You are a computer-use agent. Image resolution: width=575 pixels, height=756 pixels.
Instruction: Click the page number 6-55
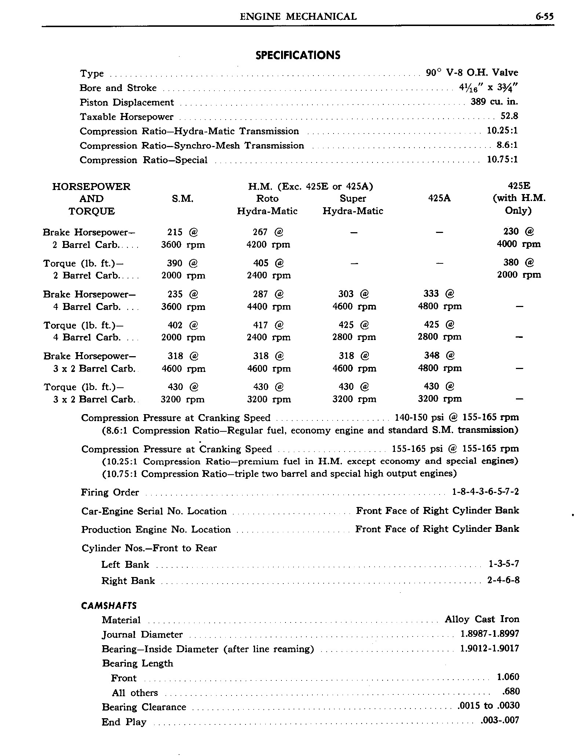point(544,17)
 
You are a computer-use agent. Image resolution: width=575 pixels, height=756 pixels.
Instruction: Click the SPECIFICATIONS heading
point(298,55)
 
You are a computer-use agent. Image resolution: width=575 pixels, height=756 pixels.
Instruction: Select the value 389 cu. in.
point(494,102)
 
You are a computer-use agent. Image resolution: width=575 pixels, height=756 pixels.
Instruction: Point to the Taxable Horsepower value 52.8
point(509,116)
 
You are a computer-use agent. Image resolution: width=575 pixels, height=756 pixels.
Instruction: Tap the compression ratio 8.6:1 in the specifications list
point(507,145)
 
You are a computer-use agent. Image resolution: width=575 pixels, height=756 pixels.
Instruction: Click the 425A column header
point(439,198)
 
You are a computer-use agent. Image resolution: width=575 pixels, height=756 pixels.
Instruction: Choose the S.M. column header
point(182,199)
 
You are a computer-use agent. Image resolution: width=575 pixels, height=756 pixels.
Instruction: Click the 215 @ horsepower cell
point(182,232)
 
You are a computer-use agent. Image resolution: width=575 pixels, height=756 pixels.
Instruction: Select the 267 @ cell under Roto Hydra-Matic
point(268,232)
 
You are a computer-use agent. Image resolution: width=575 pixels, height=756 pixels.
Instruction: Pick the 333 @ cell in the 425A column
point(439,293)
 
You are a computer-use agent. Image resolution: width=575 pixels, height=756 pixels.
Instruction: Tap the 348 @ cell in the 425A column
point(439,355)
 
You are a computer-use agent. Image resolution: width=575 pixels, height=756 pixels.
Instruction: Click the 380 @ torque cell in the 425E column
point(518,262)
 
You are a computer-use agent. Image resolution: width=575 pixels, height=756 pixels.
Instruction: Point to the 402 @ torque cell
point(182,325)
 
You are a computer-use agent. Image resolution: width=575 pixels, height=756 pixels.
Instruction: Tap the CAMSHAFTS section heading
point(109,606)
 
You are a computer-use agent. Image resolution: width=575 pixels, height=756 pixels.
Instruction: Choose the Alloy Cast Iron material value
point(482,619)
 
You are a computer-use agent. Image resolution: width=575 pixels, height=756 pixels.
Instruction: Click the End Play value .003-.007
point(499,720)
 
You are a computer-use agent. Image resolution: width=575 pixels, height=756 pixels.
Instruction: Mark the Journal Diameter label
point(142,635)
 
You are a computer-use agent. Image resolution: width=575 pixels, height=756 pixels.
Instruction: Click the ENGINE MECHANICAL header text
point(298,17)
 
